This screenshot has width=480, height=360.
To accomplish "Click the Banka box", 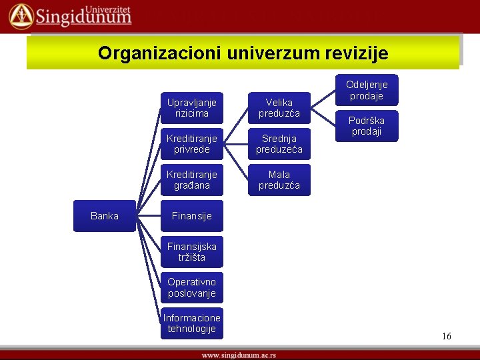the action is pos(105,216).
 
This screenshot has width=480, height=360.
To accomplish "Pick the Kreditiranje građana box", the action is pos(192,180).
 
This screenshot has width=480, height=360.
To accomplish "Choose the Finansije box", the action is pos(191,216).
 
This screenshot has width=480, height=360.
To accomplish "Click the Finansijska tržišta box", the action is pos(191,252).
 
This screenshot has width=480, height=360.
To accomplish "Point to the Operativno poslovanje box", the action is pos(191,288).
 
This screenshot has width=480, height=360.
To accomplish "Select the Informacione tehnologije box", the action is pos(191,324).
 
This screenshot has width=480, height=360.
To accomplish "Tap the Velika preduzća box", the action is pos(279,108).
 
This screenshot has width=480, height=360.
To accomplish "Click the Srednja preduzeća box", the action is pos(279,144).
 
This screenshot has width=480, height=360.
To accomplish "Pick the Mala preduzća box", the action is pos(279,180).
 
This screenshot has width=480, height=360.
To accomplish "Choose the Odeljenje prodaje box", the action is pos(367,90).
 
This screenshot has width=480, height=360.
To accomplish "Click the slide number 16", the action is pos(446,336).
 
